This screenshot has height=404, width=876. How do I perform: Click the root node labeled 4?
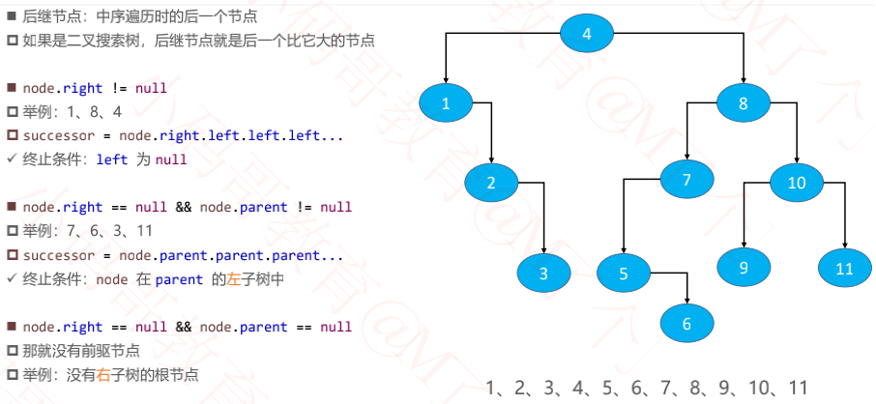pyautogui.click(x=586, y=34)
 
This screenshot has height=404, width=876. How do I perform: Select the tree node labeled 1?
pyautogui.click(x=446, y=104)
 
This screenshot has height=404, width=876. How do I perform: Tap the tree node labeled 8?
pyautogui.click(x=744, y=104)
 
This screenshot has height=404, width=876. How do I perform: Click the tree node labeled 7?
pyautogui.click(x=687, y=180)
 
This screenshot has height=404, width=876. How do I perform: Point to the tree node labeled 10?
pyautogui.click(x=797, y=183)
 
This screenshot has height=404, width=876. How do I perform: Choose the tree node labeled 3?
pyautogui.click(x=543, y=274)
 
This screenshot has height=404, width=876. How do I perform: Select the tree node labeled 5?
pyautogui.click(x=624, y=274)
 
